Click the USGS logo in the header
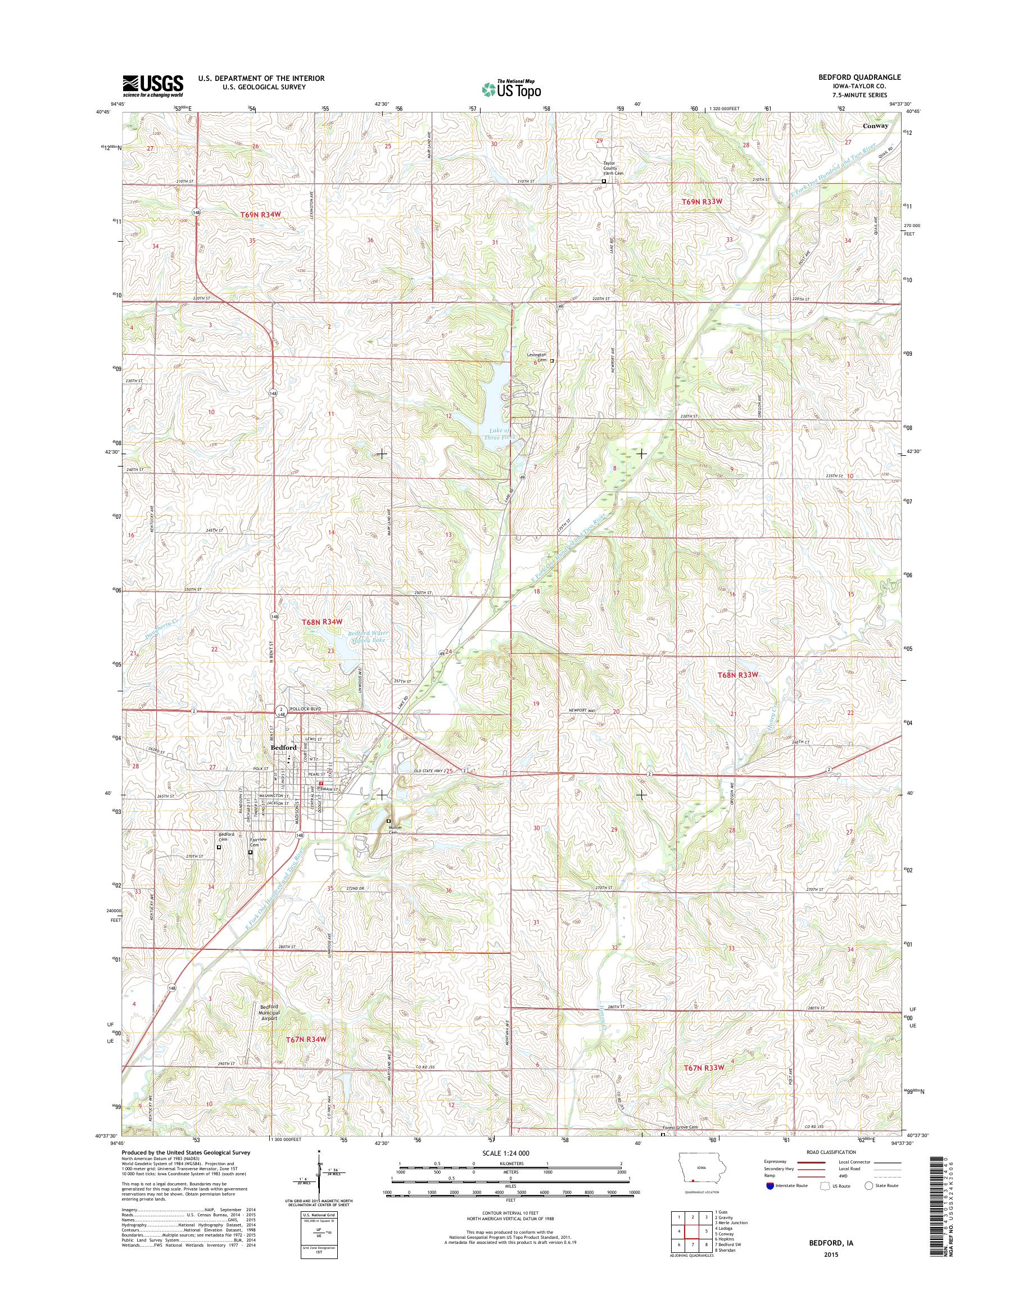pyautogui.click(x=153, y=85)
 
